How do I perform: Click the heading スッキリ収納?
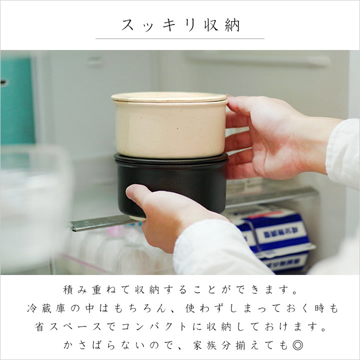[x=180, y=25]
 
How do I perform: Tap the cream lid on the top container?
[x=169, y=97]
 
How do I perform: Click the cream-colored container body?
[x=170, y=129]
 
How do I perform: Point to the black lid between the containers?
[x=171, y=159]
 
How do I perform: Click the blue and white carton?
[x=275, y=239]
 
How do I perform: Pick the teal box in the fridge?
[x=16, y=101]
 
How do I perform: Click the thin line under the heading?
[x=180, y=39]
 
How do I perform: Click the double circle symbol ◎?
[x=298, y=345]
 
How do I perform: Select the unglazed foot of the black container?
[x=138, y=218]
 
